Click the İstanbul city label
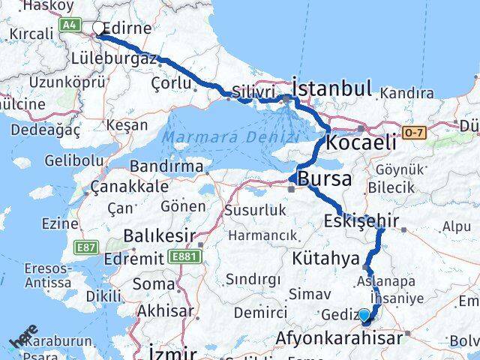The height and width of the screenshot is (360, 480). tap(331, 88)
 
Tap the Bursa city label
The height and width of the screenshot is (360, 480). tap(325, 179)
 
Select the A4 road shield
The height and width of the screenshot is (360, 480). tap(70, 25)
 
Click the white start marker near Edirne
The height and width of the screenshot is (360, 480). tap(98, 28)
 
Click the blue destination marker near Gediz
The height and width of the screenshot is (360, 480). tap(364, 316)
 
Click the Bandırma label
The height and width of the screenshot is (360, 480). tap(166, 166)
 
